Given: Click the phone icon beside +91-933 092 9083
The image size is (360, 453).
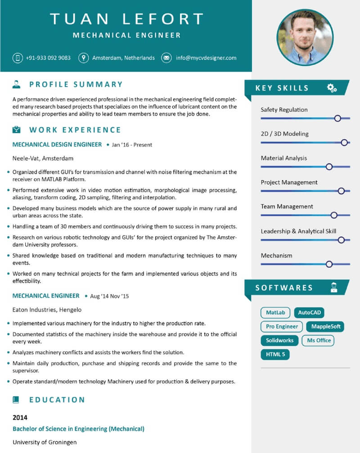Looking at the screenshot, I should [x=18, y=58].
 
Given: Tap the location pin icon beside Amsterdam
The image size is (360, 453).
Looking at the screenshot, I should [x=83, y=58].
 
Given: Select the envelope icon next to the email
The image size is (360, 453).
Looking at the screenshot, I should [x=166, y=58].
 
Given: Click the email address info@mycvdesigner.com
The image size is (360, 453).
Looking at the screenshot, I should [x=206, y=58].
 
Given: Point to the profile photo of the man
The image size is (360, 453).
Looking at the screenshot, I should [x=305, y=37].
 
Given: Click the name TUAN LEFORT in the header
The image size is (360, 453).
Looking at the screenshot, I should [x=126, y=19].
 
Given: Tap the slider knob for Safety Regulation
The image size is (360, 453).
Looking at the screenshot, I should [x=337, y=118].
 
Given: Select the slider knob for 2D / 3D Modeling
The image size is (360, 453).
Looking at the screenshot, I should [x=344, y=142].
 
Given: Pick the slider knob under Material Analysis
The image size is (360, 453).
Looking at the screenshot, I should [x=329, y=167].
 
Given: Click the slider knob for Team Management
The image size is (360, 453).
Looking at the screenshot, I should [x=334, y=215].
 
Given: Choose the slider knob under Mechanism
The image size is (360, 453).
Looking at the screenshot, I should [x=329, y=264].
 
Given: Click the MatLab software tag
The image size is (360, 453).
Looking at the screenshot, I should [x=275, y=313].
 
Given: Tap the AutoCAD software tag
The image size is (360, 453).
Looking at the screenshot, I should [x=309, y=313].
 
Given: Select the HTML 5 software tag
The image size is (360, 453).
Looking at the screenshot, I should [x=275, y=354].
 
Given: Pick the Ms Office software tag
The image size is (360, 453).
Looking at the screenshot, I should [x=319, y=340].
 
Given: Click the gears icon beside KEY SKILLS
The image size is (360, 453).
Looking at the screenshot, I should [x=332, y=88].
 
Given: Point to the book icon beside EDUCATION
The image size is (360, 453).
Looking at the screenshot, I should [x=17, y=399].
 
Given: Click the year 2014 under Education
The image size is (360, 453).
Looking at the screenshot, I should [x=20, y=417].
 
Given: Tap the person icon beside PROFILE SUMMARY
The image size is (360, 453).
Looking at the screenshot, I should [x=17, y=84].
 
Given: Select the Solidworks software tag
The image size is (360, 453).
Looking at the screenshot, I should [x=279, y=340].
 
